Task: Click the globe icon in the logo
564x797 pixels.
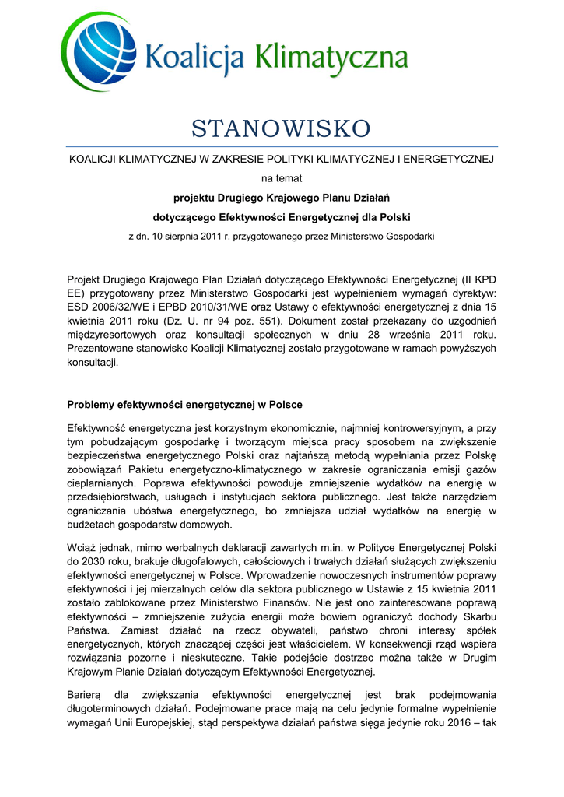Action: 96,52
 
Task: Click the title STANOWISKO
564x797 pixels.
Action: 281,127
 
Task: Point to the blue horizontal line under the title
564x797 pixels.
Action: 282,146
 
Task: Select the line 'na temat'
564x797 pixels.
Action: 282,178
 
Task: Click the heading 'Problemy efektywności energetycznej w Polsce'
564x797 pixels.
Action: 185,405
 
